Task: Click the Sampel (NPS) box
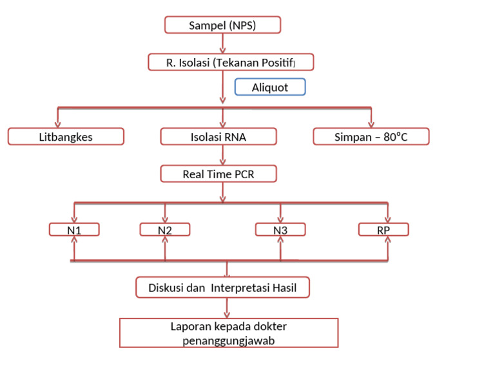click(223, 25)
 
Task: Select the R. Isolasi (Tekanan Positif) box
click(231, 62)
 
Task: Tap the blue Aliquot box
click(269, 87)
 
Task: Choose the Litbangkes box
click(66, 137)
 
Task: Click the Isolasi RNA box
click(218, 137)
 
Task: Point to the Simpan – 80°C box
click(371, 137)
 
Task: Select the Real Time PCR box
click(218, 174)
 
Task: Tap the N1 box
click(74, 229)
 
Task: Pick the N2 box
click(165, 229)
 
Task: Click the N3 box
click(280, 229)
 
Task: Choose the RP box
click(384, 229)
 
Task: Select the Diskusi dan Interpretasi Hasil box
click(223, 288)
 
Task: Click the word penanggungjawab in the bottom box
click(229, 340)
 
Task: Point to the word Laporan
click(189, 326)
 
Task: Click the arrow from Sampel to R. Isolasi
click(223, 43)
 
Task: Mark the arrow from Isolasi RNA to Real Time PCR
click(223, 155)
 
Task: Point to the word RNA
click(235, 137)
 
